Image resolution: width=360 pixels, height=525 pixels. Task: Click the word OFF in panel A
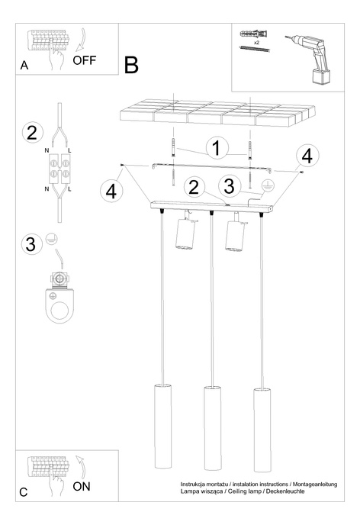click(85, 60)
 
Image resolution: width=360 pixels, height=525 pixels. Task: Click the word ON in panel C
click(82, 486)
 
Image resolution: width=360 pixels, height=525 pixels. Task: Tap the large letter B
click(131, 65)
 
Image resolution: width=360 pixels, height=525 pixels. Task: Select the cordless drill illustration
click(308, 59)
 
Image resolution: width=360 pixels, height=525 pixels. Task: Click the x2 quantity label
click(256, 43)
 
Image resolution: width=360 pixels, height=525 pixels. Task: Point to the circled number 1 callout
click(217, 148)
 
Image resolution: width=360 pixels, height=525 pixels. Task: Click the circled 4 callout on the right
click(307, 156)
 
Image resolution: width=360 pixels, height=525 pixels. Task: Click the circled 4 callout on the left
click(111, 192)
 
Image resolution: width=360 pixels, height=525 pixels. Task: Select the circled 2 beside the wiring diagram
click(33, 132)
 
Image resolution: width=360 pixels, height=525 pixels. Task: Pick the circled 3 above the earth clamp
click(31, 243)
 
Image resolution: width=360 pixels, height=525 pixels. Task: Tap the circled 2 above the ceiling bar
click(194, 187)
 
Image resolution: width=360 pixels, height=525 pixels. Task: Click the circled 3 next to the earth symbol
click(229, 186)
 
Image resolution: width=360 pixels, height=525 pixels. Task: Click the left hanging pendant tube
click(163, 427)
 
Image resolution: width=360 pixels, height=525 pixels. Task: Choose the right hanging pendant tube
click(262, 430)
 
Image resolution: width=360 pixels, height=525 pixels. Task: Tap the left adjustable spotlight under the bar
click(185, 234)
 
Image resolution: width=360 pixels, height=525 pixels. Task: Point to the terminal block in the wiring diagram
click(60, 169)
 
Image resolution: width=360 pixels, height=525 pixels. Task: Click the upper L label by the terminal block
click(69, 150)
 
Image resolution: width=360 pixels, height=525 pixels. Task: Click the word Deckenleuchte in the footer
click(285, 491)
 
